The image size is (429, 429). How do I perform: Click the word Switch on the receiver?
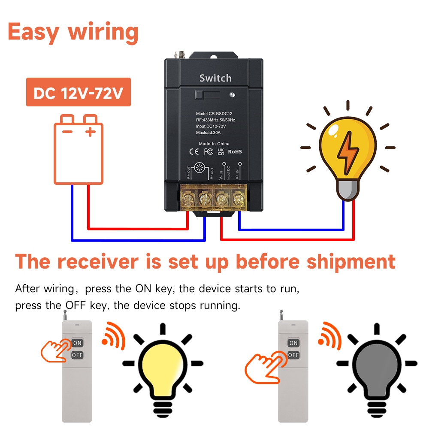[215, 78]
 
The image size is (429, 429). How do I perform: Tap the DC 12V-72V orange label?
[78, 92]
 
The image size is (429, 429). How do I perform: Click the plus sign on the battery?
[90, 132]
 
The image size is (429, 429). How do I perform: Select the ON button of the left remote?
[77, 343]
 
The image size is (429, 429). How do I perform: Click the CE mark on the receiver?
[194, 151]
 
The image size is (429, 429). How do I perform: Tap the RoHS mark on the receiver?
[235, 151]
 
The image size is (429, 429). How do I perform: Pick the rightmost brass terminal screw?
[237, 198]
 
